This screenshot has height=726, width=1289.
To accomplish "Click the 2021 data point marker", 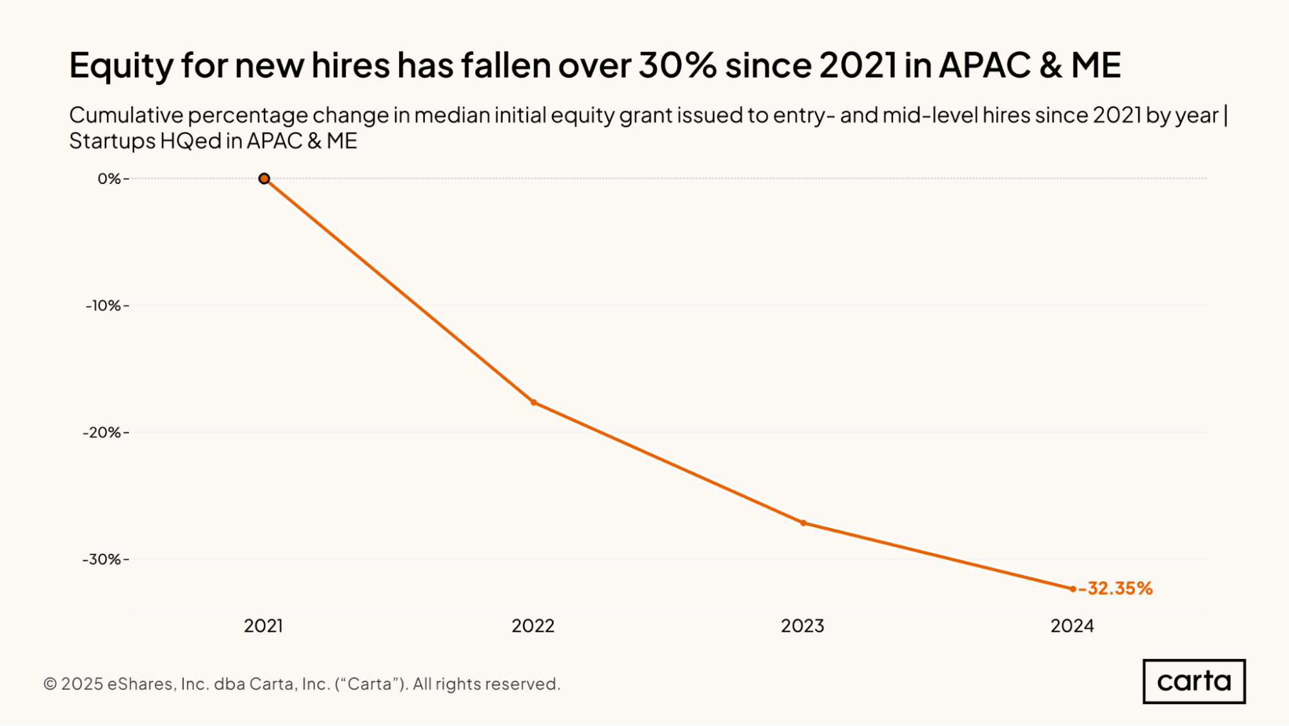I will pyautogui.click(x=264, y=179).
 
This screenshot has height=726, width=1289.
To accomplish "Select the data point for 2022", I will pyautogui.click(x=534, y=403).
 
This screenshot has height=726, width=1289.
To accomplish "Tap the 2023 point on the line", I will pyautogui.click(x=803, y=523).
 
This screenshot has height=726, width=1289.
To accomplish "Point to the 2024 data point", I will pyautogui.click(x=1073, y=589).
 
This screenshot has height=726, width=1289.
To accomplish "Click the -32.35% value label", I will pyautogui.click(x=1116, y=589).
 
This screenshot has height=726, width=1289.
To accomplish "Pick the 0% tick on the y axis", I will pyautogui.click(x=109, y=179).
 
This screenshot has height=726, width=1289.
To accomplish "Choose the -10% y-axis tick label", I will pyautogui.click(x=104, y=306).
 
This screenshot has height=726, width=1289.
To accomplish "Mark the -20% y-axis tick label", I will pyautogui.click(x=103, y=432).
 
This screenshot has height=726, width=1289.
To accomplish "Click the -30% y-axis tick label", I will pyautogui.click(x=103, y=560).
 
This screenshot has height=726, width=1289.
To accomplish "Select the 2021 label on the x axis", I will pyautogui.click(x=264, y=626).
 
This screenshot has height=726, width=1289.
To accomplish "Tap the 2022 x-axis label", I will pyautogui.click(x=533, y=626).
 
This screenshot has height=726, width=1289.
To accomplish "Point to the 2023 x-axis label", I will pyautogui.click(x=803, y=626).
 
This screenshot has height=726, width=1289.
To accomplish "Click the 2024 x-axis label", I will pyautogui.click(x=1072, y=626).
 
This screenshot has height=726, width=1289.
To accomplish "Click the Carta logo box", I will pyautogui.click(x=1194, y=681).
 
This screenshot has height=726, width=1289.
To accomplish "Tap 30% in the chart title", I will pyautogui.click(x=677, y=65).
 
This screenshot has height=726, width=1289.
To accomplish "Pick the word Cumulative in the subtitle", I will pyautogui.click(x=126, y=116).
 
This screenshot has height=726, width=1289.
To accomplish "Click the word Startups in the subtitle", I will pyautogui.click(x=112, y=141).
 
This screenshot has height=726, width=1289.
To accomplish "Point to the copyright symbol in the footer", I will pyautogui.click(x=50, y=684).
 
